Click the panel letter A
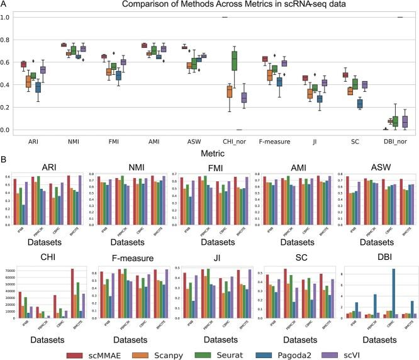coord(4,5)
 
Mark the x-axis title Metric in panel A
coord(207,153)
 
